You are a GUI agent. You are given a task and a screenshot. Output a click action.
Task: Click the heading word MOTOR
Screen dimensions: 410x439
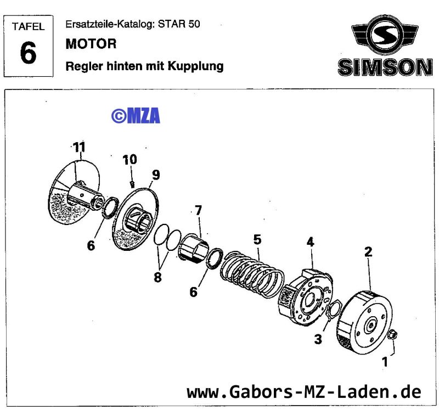[x=91, y=43]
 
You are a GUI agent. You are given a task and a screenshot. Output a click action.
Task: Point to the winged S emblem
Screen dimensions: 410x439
[x=384, y=37]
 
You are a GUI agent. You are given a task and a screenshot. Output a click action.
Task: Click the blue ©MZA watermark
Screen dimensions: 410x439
[x=136, y=115]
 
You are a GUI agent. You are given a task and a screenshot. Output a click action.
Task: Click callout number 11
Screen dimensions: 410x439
[x=80, y=147]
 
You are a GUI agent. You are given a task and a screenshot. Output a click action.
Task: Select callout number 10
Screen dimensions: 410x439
[x=130, y=160]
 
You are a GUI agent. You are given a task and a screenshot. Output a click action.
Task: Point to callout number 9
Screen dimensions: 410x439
[x=156, y=175]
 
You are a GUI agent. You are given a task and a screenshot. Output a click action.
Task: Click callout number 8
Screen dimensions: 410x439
[x=157, y=277]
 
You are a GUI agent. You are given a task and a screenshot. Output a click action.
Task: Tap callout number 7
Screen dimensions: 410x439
[x=198, y=210]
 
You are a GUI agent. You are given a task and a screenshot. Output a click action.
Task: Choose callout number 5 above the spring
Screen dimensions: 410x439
[x=257, y=240]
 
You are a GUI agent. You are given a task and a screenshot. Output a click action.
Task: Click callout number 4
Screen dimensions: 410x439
[x=311, y=241]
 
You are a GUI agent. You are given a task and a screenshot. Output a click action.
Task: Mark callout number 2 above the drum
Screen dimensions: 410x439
[x=368, y=252]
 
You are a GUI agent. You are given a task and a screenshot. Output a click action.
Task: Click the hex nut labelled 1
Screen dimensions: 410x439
[x=393, y=335]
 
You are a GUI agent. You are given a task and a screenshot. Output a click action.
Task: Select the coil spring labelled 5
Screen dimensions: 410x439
[x=252, y=272]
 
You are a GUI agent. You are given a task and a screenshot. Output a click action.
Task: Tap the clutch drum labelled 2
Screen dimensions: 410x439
[x=365, y=321]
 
